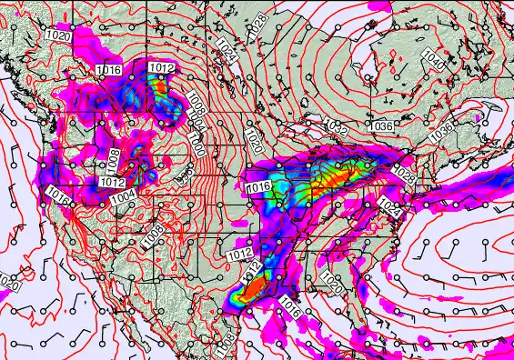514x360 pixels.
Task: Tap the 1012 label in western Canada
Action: (x=162, y=67)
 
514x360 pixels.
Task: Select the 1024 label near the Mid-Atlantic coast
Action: (x=390, y=206)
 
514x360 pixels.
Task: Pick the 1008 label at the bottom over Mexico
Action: (x=224, y=341)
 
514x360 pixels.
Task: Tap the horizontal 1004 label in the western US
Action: (x=124, y=194)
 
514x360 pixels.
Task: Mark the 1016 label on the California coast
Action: (x=59, y=195)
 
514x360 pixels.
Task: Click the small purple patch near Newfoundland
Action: (x=479, y=117)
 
